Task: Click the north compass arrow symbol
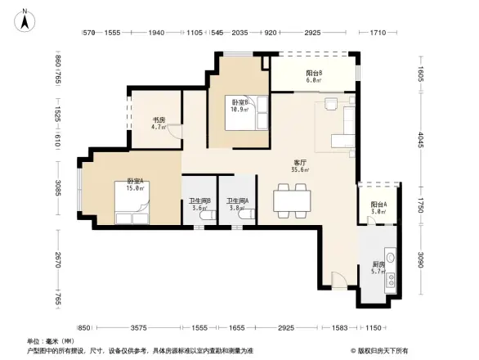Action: click(25, 19)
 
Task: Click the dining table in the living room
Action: click(292, 200)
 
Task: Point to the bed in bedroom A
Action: click(131, 214)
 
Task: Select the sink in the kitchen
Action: click(391, 262)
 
